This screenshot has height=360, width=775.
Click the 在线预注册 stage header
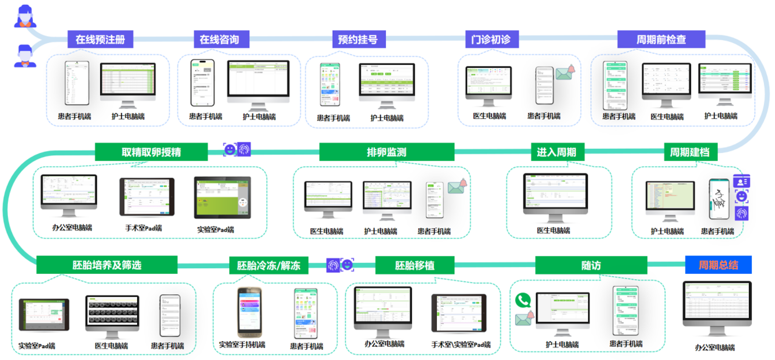(x=100, y=40)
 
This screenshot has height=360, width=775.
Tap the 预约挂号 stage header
(x=358, y=40)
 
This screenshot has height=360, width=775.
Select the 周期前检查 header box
(x=661, y=40)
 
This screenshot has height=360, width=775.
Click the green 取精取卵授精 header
(x=151, y=152)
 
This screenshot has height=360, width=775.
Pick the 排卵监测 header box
(x=386, y=152)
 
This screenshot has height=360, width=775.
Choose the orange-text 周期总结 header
(x=718, y=265)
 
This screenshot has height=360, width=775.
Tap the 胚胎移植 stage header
(x=415, y=266)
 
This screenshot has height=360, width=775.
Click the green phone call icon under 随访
(x=523, y=300)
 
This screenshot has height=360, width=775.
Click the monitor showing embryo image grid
(x=112, y=312)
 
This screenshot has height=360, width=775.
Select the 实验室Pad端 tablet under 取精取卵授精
(x=223, y=198)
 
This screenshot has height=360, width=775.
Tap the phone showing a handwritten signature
(x=719, y=200)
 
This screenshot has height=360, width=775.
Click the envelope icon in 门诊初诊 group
(x=564, y=73)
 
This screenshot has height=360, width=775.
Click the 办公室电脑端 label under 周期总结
(x=714, y=348)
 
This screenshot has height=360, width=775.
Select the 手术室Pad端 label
(x=144, y=228)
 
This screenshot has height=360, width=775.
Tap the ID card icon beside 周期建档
(x=741, y=181)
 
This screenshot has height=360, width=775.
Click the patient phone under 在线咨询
(x=202, y=83)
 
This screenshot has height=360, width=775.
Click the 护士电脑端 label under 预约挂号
(x=386, y=118)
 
